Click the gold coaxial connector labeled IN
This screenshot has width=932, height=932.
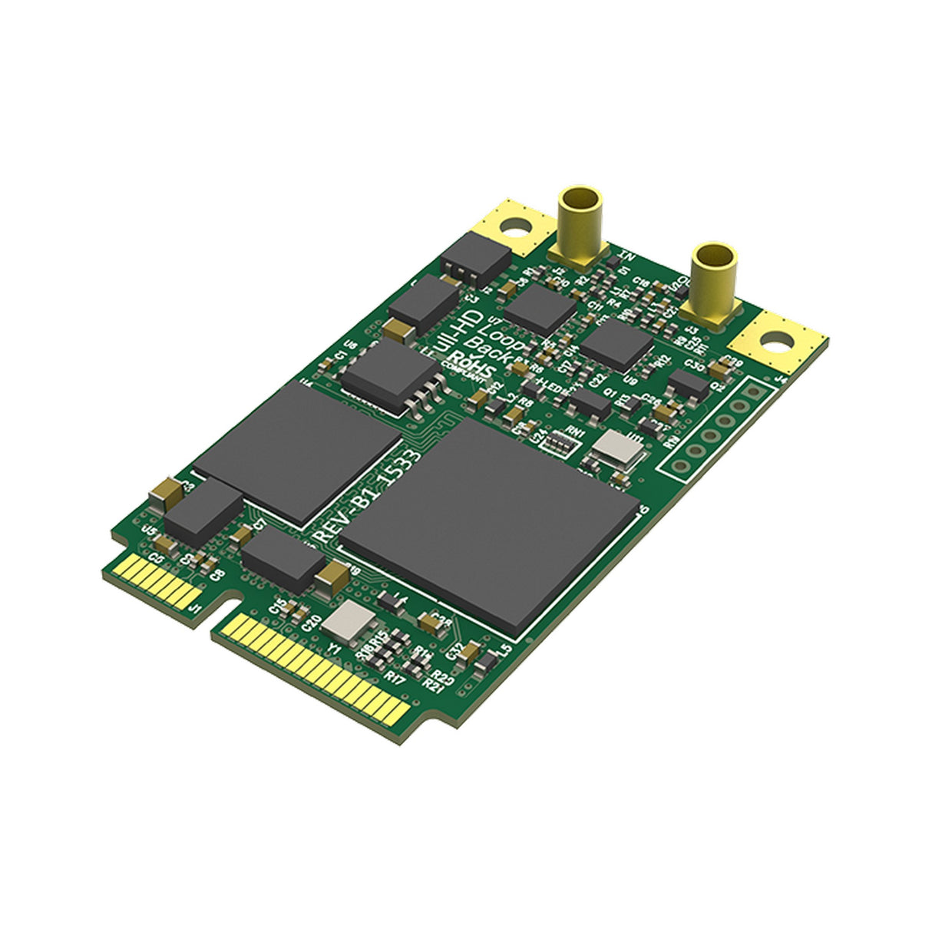tap(580, 219)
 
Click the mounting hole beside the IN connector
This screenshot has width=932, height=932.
tap(516, 226)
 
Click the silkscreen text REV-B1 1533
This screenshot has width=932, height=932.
tap(369, 498)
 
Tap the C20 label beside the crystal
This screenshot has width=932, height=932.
tap(310, 623)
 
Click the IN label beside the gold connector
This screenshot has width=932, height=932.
tap(626, 256)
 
